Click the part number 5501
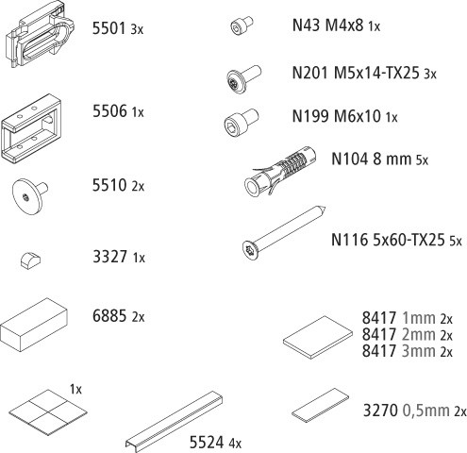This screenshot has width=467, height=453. [109, 28]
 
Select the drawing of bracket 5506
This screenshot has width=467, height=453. [31, 128]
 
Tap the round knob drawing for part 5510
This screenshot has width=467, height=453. [29, 196]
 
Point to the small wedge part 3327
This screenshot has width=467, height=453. [31, 260]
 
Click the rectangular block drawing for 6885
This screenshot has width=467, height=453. [34, 325]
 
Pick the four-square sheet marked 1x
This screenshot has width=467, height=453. [47, 412]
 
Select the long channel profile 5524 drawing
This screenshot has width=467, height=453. [175, 422]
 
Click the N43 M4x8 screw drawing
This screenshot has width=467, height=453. [242, 25]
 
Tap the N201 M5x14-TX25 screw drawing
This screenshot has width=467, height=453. [243, 79]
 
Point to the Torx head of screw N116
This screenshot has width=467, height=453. [251, 250]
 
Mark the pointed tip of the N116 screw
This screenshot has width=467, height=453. [325, 208]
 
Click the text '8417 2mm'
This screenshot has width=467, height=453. [398, 334]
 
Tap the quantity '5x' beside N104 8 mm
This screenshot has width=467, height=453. [422, 160]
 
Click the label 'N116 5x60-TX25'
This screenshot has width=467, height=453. [388, 240]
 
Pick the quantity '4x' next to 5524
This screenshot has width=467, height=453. [235, 444]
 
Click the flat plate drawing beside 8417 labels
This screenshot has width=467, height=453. [318, 338]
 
